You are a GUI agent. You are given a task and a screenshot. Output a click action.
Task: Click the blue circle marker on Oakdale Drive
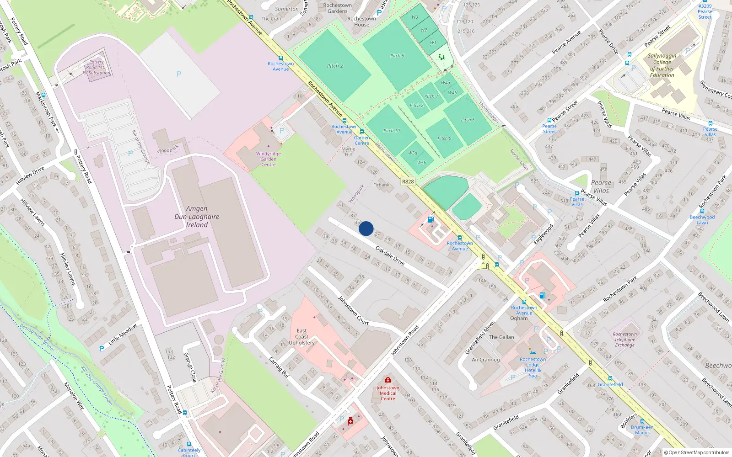(366, 228)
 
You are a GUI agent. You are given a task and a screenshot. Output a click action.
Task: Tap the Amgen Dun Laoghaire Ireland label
(197, 217)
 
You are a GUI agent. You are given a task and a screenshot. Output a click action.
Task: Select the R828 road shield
(408, 181)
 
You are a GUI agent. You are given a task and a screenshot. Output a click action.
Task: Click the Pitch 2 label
(335, 66)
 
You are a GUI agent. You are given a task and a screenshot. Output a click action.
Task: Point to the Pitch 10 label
(391, 131)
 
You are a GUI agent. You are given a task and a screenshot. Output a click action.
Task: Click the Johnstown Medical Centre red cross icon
(388, 380)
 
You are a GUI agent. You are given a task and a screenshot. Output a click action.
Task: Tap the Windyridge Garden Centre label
(268, 159)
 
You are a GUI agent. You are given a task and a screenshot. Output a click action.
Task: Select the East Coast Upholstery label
(301, 337)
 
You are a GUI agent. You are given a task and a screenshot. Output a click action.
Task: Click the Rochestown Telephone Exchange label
(624, 340)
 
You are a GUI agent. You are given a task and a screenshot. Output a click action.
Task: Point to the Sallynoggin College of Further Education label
(662, 65)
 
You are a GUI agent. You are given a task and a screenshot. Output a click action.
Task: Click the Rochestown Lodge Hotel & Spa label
(533, 367)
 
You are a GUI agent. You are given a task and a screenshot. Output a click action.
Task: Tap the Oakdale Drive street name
(390, 255)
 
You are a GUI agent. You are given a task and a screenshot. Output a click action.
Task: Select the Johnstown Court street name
(353, 310)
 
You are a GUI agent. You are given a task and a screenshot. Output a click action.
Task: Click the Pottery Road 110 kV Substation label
(97, 68)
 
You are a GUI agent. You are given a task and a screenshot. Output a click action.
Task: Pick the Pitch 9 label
(444, 138)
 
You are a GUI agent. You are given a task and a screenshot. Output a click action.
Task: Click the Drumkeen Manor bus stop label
(642, 430)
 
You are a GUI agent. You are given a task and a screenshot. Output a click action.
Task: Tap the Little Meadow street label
(122, 335)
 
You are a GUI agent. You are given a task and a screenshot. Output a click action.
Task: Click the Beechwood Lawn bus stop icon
(702, 211)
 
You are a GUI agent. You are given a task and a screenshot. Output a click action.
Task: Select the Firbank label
(381, 185)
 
